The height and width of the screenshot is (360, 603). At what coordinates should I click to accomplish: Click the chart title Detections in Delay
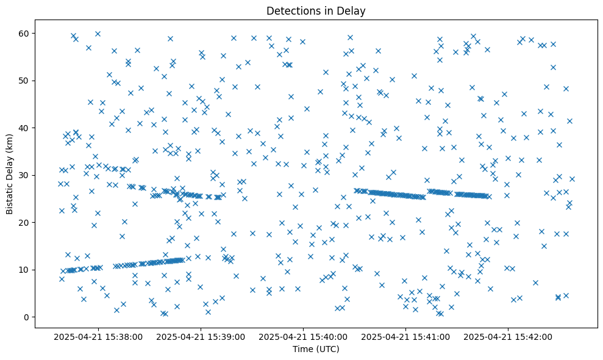pyautogui.click(x=316, y=10)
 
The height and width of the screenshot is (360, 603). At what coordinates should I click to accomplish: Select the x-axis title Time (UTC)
pyautogui.click(x=316, y=349)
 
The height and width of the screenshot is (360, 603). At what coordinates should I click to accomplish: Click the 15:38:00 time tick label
pyautogui.click(x=98, y=336)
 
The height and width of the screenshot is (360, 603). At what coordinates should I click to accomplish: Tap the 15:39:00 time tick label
pyautogui.click(x=201, y=336)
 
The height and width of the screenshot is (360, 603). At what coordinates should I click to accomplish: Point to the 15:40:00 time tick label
pyautogui.click(x=303, y=336)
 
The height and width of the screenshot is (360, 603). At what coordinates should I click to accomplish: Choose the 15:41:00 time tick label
pyautogui.click(x=405, y=336)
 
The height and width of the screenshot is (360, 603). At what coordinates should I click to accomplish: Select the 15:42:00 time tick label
pyautogui.click(x=508, y=336)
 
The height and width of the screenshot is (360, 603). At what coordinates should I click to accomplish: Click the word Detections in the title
pyautogui.click(x=291, y=10)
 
